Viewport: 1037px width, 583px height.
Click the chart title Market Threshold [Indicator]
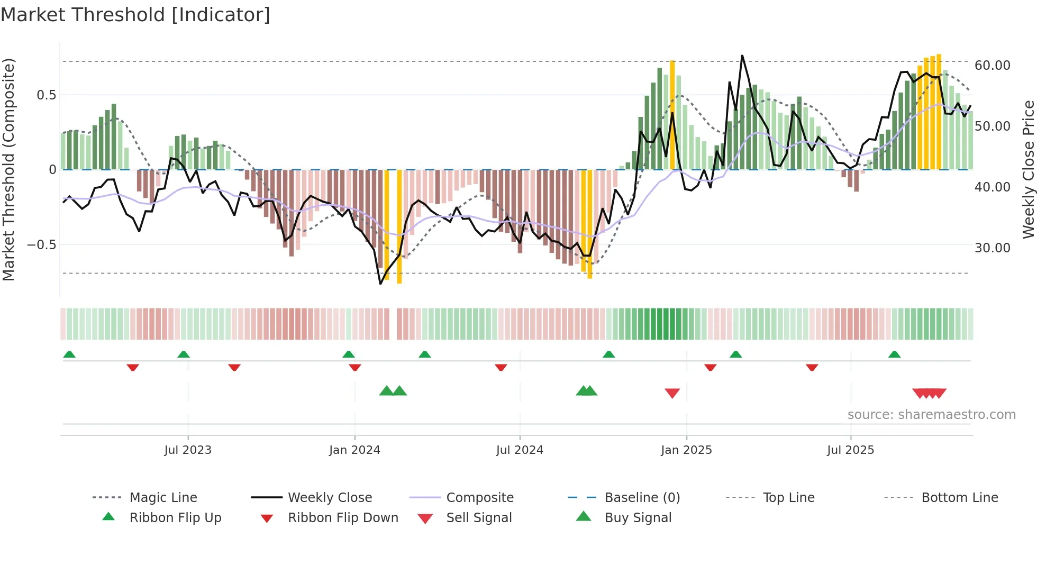point(135,15)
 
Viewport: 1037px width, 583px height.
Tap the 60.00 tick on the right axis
point(992,66)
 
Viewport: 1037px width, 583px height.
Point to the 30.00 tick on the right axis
point(992,248)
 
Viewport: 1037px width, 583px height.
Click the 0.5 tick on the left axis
point(46,95)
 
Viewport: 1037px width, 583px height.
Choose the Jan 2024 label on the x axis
point(354,450)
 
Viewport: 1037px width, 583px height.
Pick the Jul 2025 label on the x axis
point(850,450)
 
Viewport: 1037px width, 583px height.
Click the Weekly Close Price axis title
point(1027,169)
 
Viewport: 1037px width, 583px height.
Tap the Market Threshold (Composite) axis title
point(8,169)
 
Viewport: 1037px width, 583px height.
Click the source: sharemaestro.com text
point(931,415)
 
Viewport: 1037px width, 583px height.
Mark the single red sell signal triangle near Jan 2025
point(672,393)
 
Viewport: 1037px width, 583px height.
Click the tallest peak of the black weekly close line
point(742,56)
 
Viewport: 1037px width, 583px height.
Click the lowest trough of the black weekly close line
point(380,284)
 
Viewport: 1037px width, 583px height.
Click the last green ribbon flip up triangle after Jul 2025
point(894,354)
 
